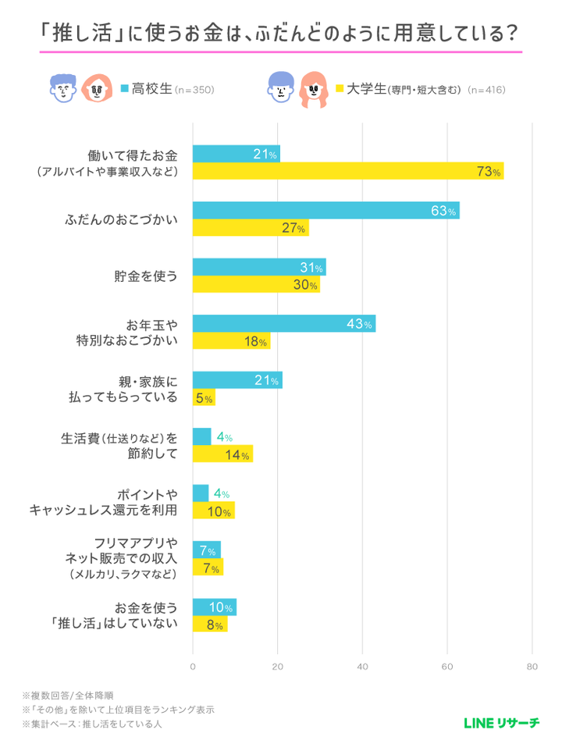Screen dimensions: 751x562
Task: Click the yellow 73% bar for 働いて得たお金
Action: pos(347,171)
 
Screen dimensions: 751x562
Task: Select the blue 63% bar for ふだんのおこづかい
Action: pos(325,210)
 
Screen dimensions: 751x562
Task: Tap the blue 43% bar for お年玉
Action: pos(284,324)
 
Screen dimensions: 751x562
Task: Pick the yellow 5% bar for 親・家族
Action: pos(203,398)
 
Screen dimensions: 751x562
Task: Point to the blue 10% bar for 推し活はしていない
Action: pos(214,607)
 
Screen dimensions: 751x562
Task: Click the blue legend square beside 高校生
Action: pos(125,89)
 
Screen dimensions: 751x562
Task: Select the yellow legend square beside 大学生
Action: pos(340,89)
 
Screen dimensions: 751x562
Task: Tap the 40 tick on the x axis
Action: pos(362,667)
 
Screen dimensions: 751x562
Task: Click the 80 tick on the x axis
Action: pos(532,667)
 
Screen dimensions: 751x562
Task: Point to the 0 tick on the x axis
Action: pos(193,667)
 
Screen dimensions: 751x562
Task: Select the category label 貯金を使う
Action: pos(148,276)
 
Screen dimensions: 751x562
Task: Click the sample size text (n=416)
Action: pos(486,90)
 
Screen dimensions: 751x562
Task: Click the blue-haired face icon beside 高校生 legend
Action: pos(60,89)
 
